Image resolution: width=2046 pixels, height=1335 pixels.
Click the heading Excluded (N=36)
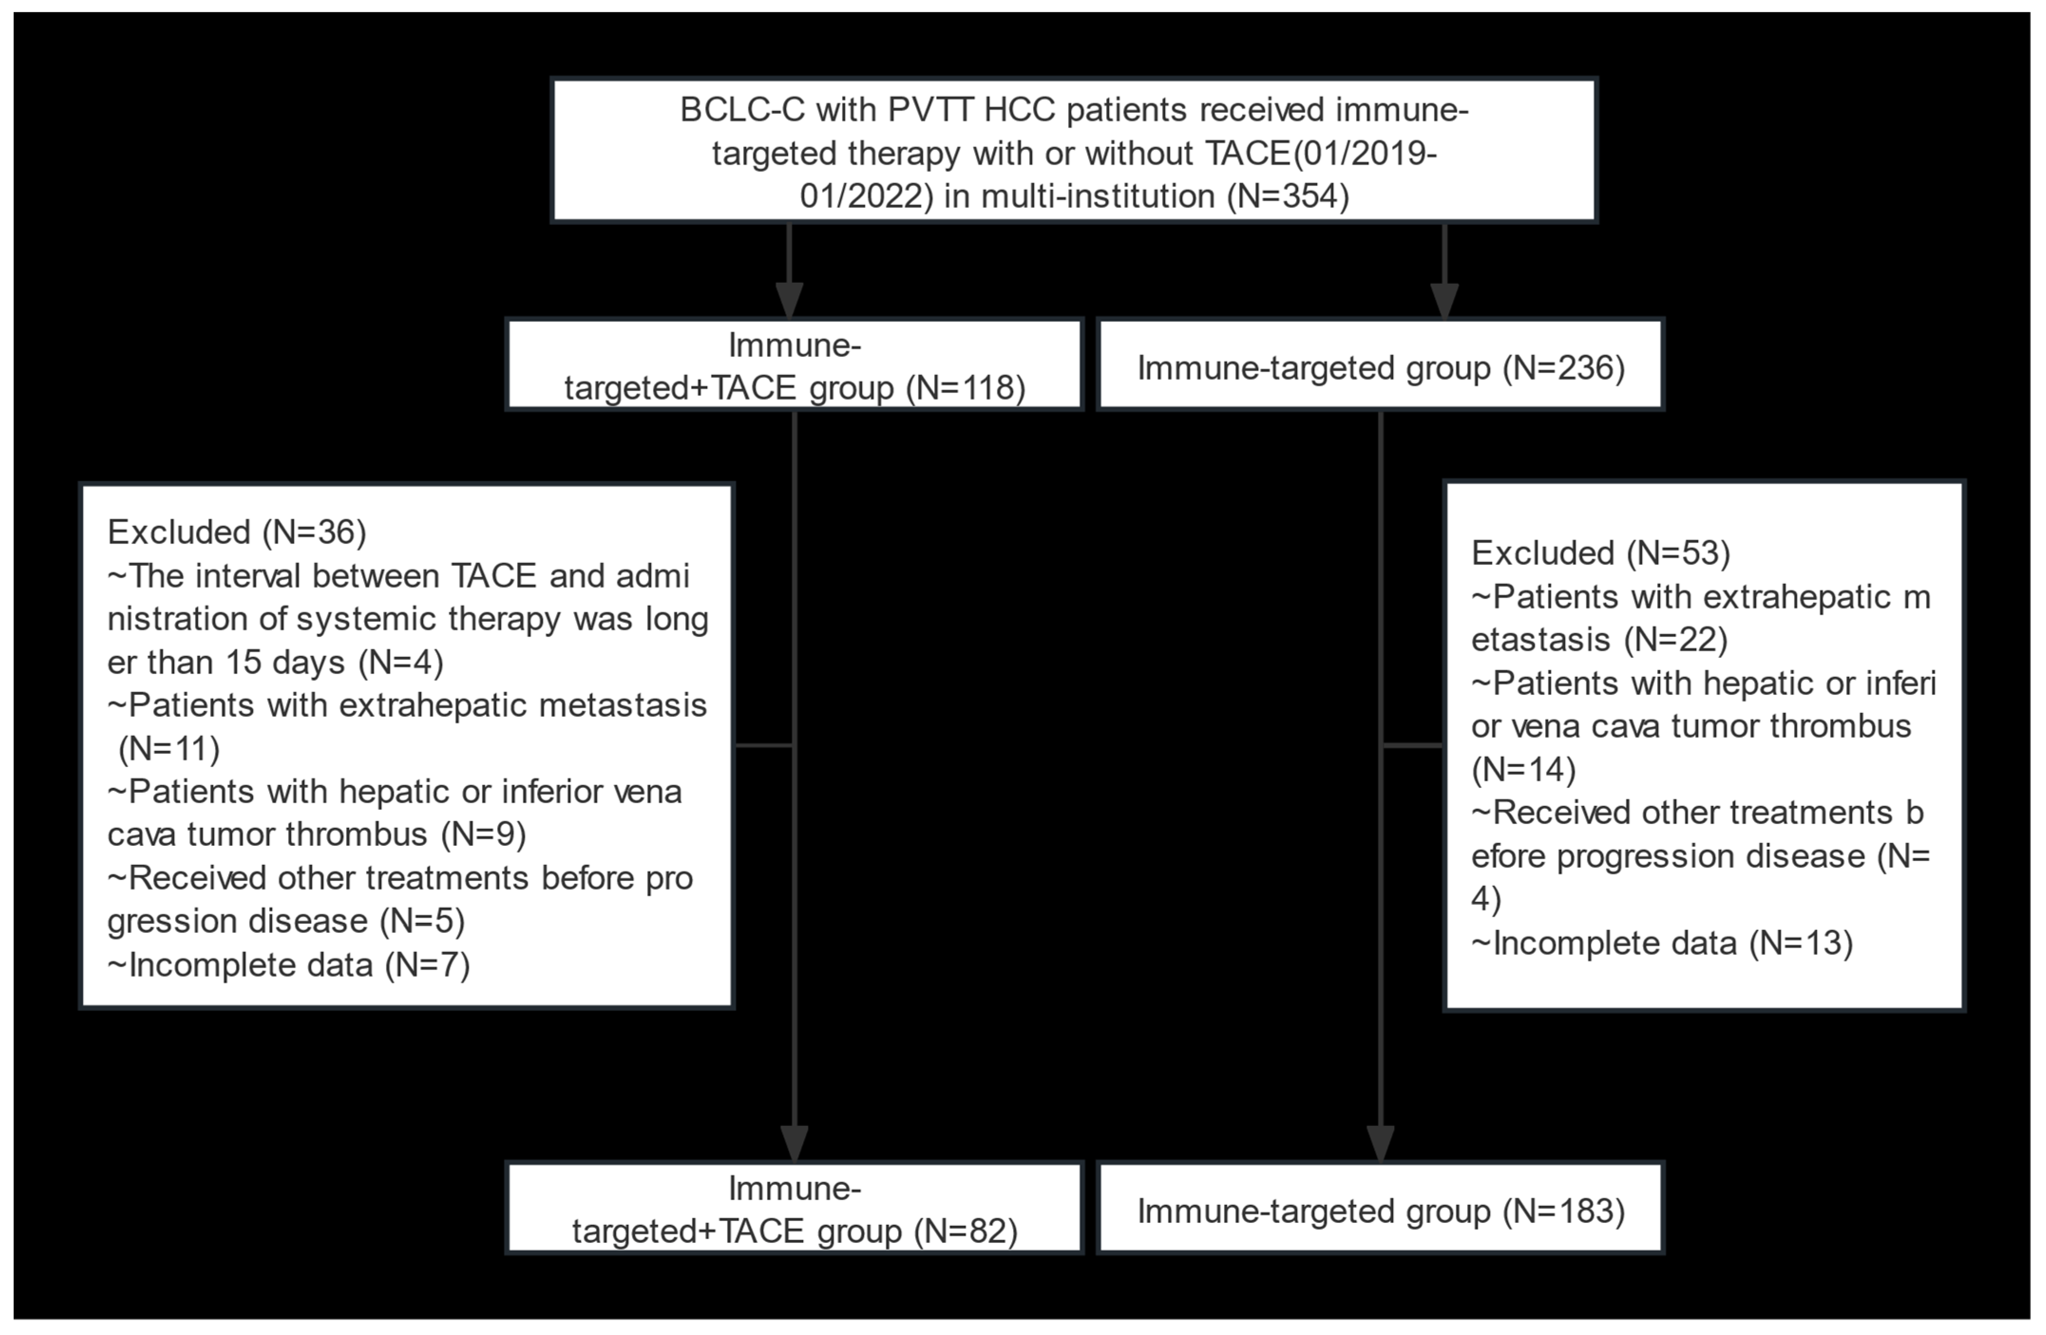[x=237, y=532]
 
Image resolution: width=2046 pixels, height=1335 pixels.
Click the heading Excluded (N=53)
[x=1601, y=553]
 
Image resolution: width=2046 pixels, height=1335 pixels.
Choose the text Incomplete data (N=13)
[x=1662, y=943]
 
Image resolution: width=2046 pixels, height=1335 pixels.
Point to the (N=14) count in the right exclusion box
[x=1523, y=769]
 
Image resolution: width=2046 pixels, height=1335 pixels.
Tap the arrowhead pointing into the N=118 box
[x=789, y=301]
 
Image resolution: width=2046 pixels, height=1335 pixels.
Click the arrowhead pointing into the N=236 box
[x=1444, y=301]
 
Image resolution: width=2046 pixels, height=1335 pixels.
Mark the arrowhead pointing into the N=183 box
[x=1380, y=1143]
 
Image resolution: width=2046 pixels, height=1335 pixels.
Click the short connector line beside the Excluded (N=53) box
[x=1412, y=745]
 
